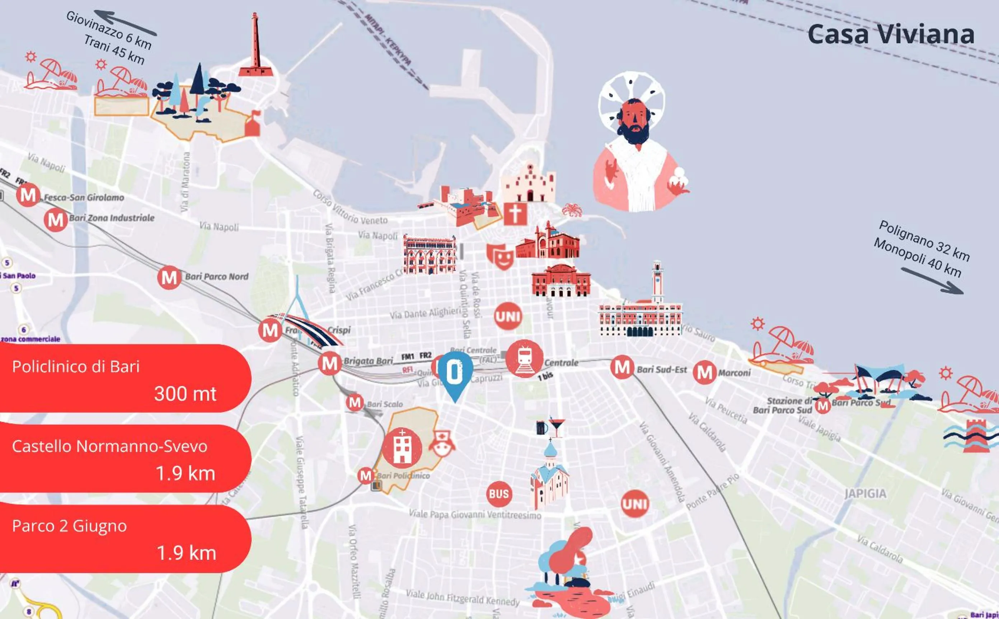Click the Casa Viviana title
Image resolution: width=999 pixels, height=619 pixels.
pos(891,34)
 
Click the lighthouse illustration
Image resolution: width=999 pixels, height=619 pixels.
pos(255,46)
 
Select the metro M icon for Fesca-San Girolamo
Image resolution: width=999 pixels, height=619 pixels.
pos(28,195)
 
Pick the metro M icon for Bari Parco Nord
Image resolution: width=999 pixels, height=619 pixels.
pos(169,278)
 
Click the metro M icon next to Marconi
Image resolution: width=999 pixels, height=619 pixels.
pos(704,373)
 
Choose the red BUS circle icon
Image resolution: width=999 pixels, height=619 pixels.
pos(499,494)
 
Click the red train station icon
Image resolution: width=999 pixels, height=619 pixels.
pos(524,358)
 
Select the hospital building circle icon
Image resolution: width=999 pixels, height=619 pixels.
pos(402,448)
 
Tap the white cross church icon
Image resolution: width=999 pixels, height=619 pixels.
pos(515,213)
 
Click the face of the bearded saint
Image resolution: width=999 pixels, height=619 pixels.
pos(634,121)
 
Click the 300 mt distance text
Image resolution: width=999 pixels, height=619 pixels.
pos(185,394)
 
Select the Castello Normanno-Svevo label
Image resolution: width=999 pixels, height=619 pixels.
pos(110,446)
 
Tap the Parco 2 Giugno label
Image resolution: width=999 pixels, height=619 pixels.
pos(70,526)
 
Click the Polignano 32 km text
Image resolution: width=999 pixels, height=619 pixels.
pos(924,241)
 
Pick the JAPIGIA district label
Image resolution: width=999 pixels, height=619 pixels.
pos(865,494)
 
